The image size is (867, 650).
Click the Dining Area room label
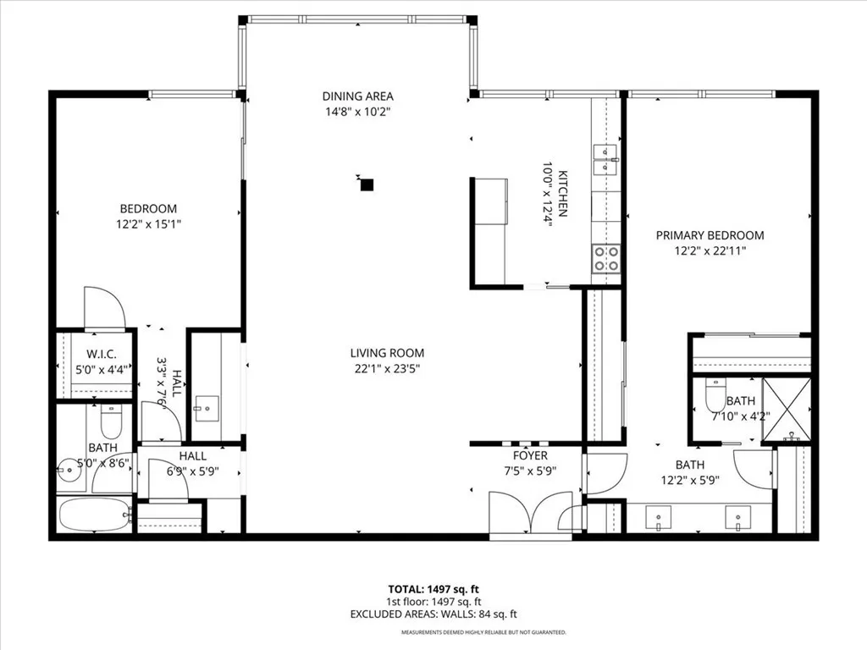coord(357,96)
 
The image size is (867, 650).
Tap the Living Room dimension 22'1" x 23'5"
coord(388,368)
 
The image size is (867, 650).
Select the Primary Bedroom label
coord(710,235)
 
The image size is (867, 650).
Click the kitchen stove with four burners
coord(605,258)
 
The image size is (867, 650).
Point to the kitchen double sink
coord(605,158)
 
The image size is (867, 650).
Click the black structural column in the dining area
coord(367,183)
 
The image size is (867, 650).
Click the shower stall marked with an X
coord(787,410)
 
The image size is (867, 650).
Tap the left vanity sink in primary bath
coord(658,516)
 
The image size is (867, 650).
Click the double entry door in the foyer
coord(530,512)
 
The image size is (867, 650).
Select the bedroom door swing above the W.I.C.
coord(103,308)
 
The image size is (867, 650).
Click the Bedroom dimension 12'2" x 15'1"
coord(148,224)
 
